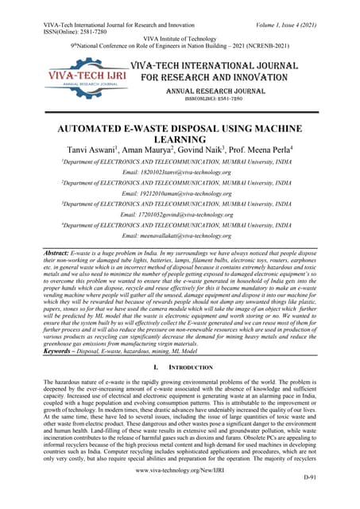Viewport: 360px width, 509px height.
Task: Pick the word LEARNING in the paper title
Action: (x=180, y=137)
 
